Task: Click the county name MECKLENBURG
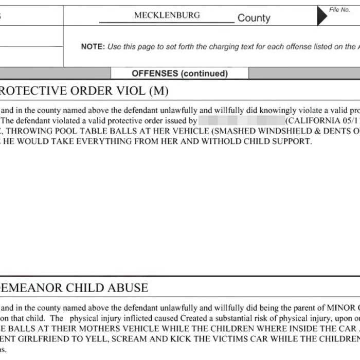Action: tap(167, 15)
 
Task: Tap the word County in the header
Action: tap(254, 18)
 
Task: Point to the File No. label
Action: tap(339, 10)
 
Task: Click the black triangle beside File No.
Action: tap(321, 16)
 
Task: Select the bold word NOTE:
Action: tap(93, 46)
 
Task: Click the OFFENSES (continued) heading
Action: tap(179, 74)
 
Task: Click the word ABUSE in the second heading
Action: tap(126, 288)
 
